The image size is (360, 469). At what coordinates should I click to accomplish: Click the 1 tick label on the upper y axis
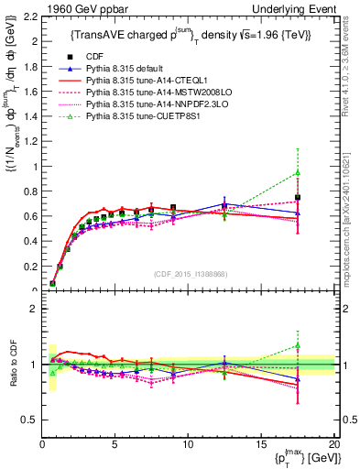(33, 167)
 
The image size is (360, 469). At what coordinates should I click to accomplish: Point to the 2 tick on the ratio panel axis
(33, 309)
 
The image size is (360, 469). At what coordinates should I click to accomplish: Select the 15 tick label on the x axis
(261, 443)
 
